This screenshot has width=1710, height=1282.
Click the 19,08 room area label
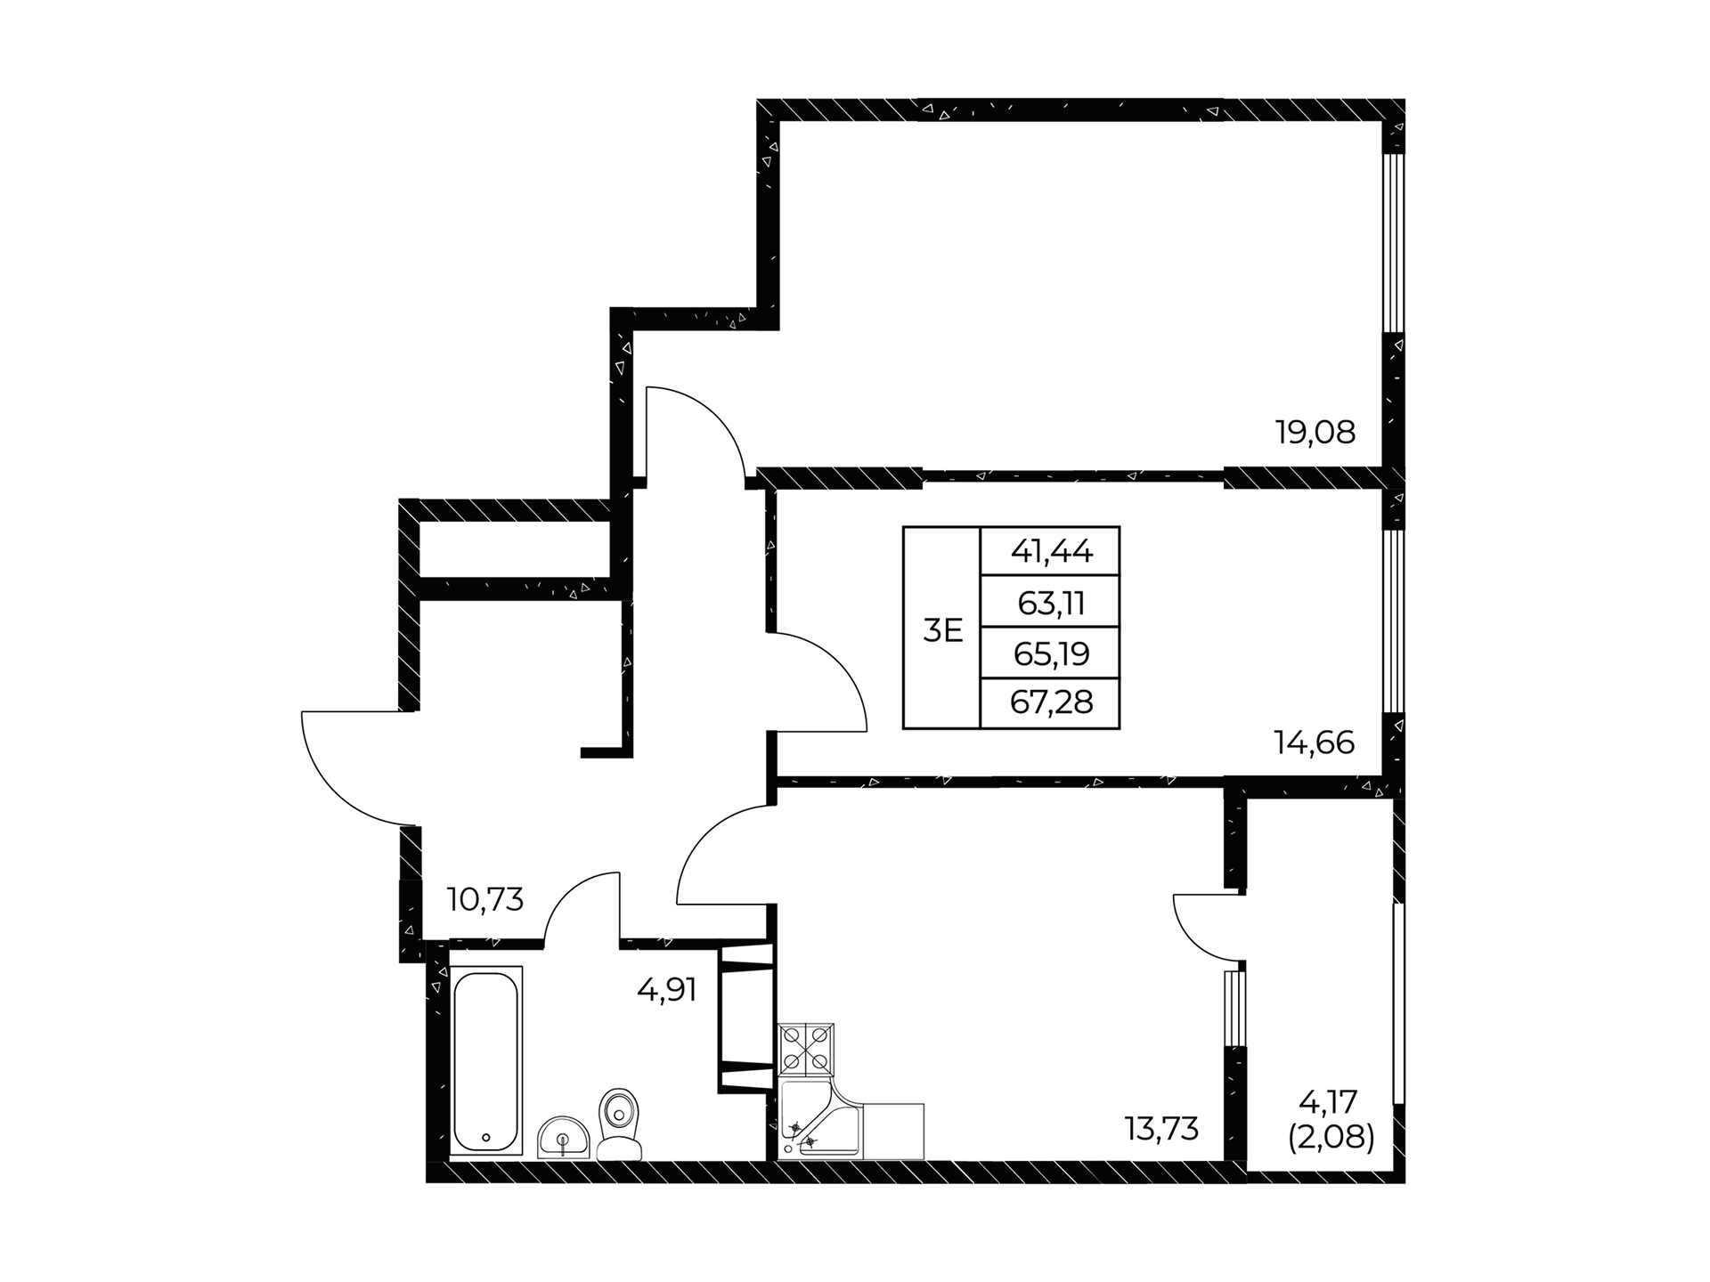(x=1315, y=433)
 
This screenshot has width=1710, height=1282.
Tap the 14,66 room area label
(x=1315, y=742)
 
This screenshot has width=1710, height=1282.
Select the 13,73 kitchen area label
(x=1161, y=1129)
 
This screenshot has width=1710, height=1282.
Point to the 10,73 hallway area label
(x=485, y=899)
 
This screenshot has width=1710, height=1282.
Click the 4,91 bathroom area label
(x=666, y=989)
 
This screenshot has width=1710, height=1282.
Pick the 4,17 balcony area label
(x=1328, y=1102)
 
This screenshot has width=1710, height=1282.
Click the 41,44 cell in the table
(x=1051, y=552)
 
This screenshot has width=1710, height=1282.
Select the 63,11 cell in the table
(x=1051, y=604)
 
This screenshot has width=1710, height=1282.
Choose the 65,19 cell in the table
(x=1051, y=655)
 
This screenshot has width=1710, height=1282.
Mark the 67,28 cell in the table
(x=1051, y=703)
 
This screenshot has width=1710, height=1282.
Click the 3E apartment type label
(x=943, y=630)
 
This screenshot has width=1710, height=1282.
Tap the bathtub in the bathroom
(x=485, y=1061)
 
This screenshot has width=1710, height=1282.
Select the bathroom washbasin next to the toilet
(x=563, y=1137)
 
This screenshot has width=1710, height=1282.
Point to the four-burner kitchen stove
(x=806, y=1051)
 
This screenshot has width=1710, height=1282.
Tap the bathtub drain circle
(x=485, y=1137)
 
